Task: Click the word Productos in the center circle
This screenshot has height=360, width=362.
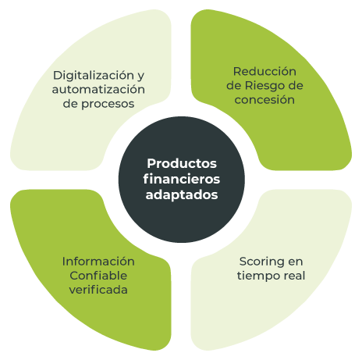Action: (182, 164)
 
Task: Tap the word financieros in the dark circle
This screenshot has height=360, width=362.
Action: (182, 179)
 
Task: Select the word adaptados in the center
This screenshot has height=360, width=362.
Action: (182, 195)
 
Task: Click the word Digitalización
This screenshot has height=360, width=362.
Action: (94, 76)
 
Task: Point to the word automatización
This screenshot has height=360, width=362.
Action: (98, 90)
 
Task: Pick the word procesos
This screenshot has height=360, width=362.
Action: (108, 104)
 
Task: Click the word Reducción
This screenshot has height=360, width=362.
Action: (264, 72)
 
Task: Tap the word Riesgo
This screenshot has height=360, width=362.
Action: (265, 86)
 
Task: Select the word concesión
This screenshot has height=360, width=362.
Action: (264, 100)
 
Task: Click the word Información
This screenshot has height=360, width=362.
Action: (98, 262)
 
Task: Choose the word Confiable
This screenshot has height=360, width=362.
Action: (98, 276)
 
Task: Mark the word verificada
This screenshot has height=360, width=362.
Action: (98, 290)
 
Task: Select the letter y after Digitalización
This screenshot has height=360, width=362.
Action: (140, 77)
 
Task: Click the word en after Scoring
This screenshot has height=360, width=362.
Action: (296, 262)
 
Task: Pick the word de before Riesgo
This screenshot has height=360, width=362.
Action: (234, 86)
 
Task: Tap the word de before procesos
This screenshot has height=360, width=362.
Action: (70, 104)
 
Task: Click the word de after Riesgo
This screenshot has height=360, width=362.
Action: (296, 86)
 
